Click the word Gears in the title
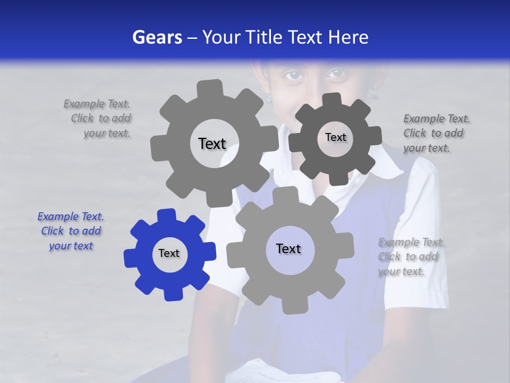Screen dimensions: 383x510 pyautogui.click(x=157, y=37)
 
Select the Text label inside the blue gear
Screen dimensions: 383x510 pyautogui.click(x=169, y=254)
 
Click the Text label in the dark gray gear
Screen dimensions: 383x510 pyautogui.click(x=335, y=137)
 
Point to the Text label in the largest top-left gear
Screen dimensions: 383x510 pyautogui.click(x=212, y=144)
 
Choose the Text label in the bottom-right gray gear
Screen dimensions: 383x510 pyautogui.click(x=288, y=249)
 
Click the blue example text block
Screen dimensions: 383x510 pyautogui.click(x=71, y=231)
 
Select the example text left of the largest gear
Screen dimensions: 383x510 pyautogui.click(x=98, y=119)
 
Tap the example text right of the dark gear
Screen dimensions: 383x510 pyautogui.click(x=436, y=134)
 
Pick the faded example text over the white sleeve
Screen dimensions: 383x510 pyautogui.click(x=410, y=257)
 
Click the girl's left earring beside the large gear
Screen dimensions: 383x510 pyautogui.click(x=269, y=97)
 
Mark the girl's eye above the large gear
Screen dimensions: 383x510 pyautogui.click(x=294, y=76)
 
